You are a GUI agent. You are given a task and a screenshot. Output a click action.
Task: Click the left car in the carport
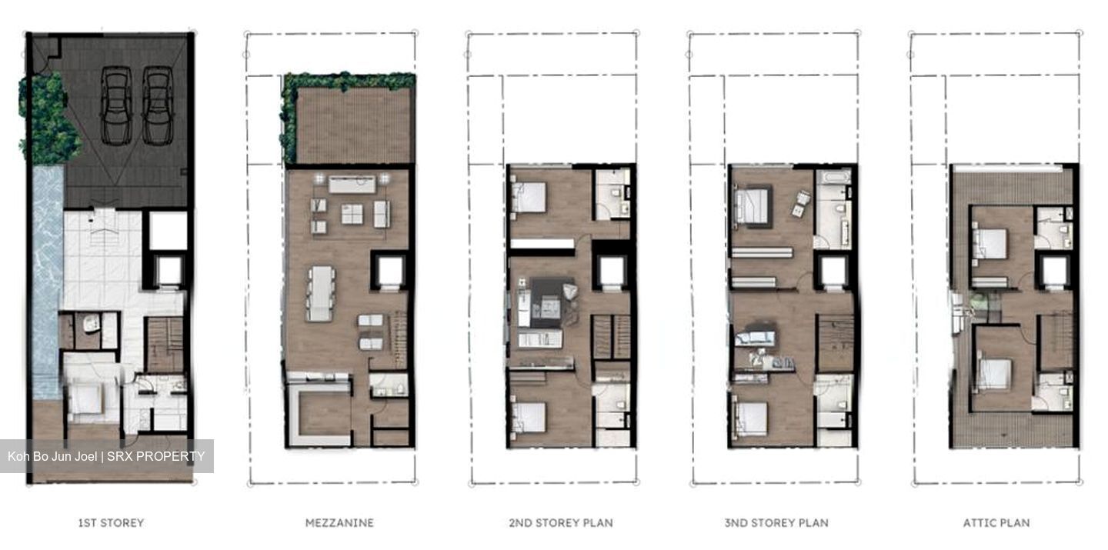(116, 106)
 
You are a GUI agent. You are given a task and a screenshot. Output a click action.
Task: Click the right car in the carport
(158, 106)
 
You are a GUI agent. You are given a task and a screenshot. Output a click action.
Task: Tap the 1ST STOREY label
(111, 523)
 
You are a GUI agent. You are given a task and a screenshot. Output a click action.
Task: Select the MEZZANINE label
(339, 523)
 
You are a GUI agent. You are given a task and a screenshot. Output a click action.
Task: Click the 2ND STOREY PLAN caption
(561, 523)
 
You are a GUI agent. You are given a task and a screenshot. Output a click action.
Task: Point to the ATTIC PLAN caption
(996, 523)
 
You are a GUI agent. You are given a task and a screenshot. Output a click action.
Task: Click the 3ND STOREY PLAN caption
(776, 523)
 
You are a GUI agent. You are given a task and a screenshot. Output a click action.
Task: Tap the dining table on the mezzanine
(321, 293)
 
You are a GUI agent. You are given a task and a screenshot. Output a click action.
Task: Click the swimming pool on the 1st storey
(48, 282)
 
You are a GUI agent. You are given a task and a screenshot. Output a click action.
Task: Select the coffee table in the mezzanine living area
(352, 214)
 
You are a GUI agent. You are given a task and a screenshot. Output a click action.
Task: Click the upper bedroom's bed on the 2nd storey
(529, 198)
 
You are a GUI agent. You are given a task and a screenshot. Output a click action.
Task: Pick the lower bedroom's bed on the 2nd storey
(529, 418)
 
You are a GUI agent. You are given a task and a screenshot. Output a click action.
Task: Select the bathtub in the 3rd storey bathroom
(833, 177)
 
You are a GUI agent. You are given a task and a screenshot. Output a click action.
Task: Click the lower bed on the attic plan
(994, 374)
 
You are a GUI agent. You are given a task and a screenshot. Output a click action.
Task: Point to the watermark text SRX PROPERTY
(155, 456)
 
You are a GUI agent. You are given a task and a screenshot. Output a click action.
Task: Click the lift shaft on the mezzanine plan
(390, 271)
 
